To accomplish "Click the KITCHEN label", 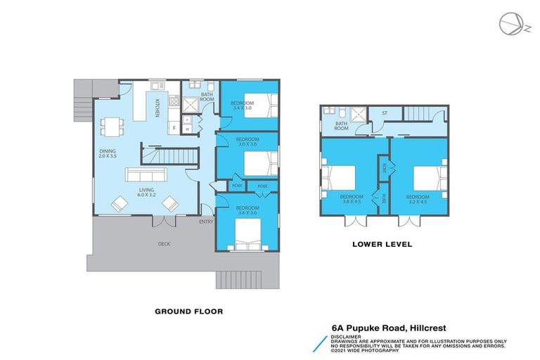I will tap(157, 107).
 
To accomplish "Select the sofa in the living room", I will tap(146, 175).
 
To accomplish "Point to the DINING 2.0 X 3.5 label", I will tap(108, 154).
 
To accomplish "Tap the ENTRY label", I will tap(205, 222).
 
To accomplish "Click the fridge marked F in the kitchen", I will tap(173, 129).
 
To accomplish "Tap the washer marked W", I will tap(186, 129).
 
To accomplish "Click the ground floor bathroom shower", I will tap(190, 105).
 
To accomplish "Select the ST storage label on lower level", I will tap(384, 113).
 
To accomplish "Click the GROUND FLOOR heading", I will tap(188, 309).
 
